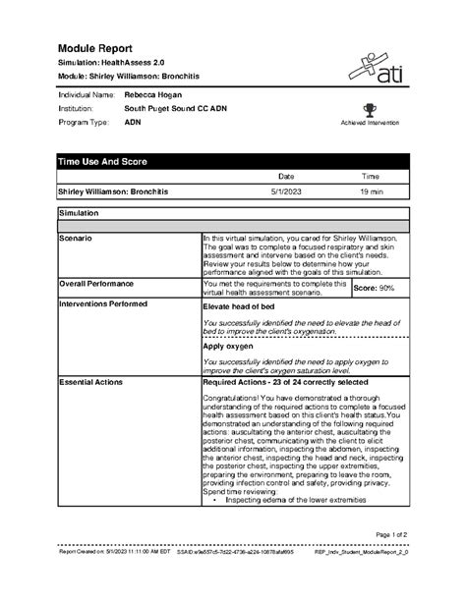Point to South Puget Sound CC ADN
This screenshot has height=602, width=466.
click(178, 109)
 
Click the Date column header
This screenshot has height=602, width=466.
click(286, 176)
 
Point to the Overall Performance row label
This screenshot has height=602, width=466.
click(99, 282)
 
